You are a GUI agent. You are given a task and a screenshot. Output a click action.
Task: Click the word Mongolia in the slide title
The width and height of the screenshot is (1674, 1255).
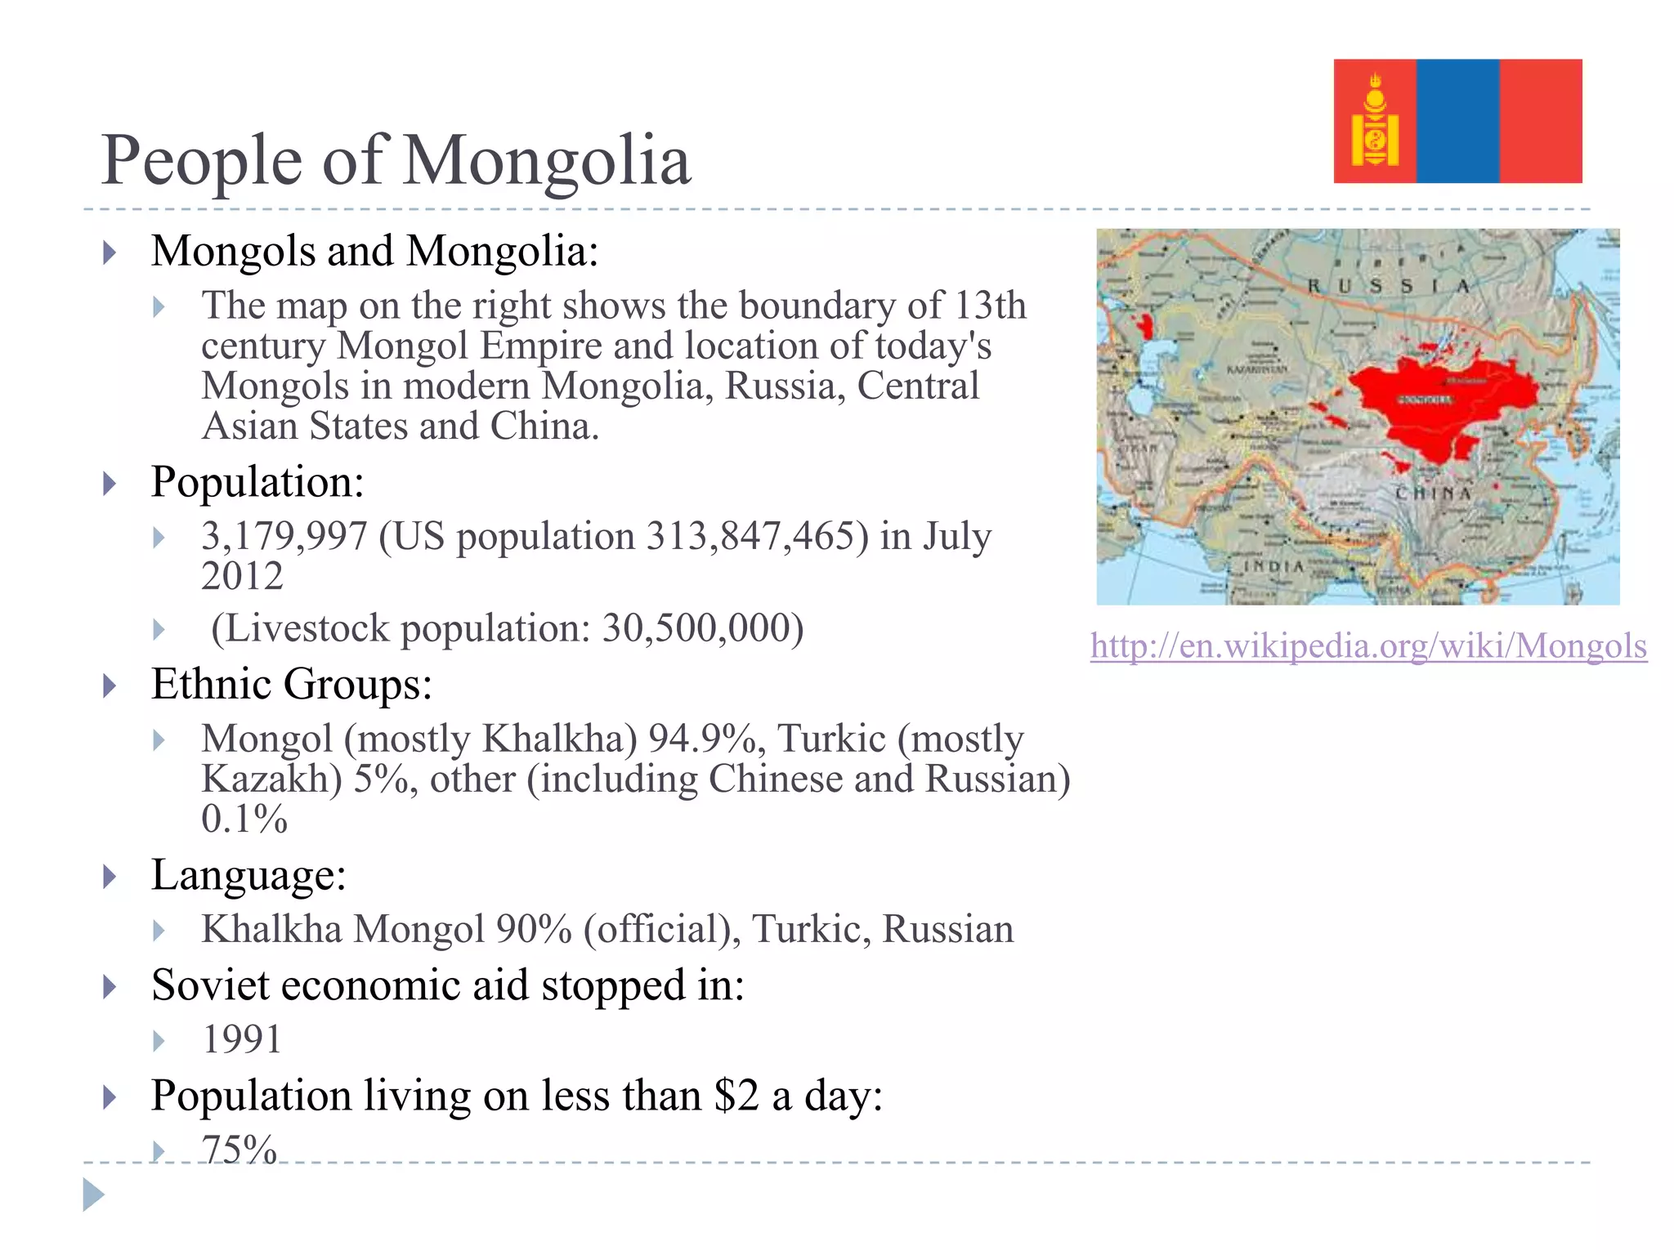(x=547, y=160)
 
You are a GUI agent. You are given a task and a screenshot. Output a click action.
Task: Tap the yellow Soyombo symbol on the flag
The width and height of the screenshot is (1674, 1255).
(x=1375, y=123)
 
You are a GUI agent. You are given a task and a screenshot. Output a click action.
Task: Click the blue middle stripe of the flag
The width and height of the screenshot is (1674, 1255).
(x=1457, y=121)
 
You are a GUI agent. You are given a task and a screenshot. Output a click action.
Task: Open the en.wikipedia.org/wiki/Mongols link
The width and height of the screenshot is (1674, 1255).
(x=1368, y=645)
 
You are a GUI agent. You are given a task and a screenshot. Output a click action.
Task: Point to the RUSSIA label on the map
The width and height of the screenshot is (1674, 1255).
(x=1388, y=286)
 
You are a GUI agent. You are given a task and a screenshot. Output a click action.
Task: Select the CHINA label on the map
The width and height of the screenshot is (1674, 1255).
(x=1433, y=494)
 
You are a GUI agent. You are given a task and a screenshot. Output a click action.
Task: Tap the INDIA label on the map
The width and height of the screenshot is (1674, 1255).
(x=1273, y=566)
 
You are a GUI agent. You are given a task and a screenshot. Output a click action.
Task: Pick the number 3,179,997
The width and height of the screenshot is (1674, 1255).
(x=284, y=537)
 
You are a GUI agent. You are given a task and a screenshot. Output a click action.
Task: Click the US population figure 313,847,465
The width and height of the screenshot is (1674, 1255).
(x=757, y=537)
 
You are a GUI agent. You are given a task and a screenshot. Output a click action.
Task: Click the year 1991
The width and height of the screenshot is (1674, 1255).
(x=242, y=1040)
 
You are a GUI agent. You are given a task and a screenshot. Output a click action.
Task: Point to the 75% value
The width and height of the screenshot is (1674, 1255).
(x=239, y=1149)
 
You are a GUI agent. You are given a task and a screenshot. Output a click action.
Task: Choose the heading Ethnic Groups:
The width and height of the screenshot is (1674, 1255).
(x=292, y=684)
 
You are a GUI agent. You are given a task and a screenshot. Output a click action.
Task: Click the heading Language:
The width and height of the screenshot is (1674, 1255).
(x=249, y=875)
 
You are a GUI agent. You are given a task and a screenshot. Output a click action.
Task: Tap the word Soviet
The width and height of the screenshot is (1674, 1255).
(x=209, y=985)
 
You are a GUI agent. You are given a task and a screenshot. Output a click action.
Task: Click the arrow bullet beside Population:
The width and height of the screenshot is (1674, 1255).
(x=110, y=484)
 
